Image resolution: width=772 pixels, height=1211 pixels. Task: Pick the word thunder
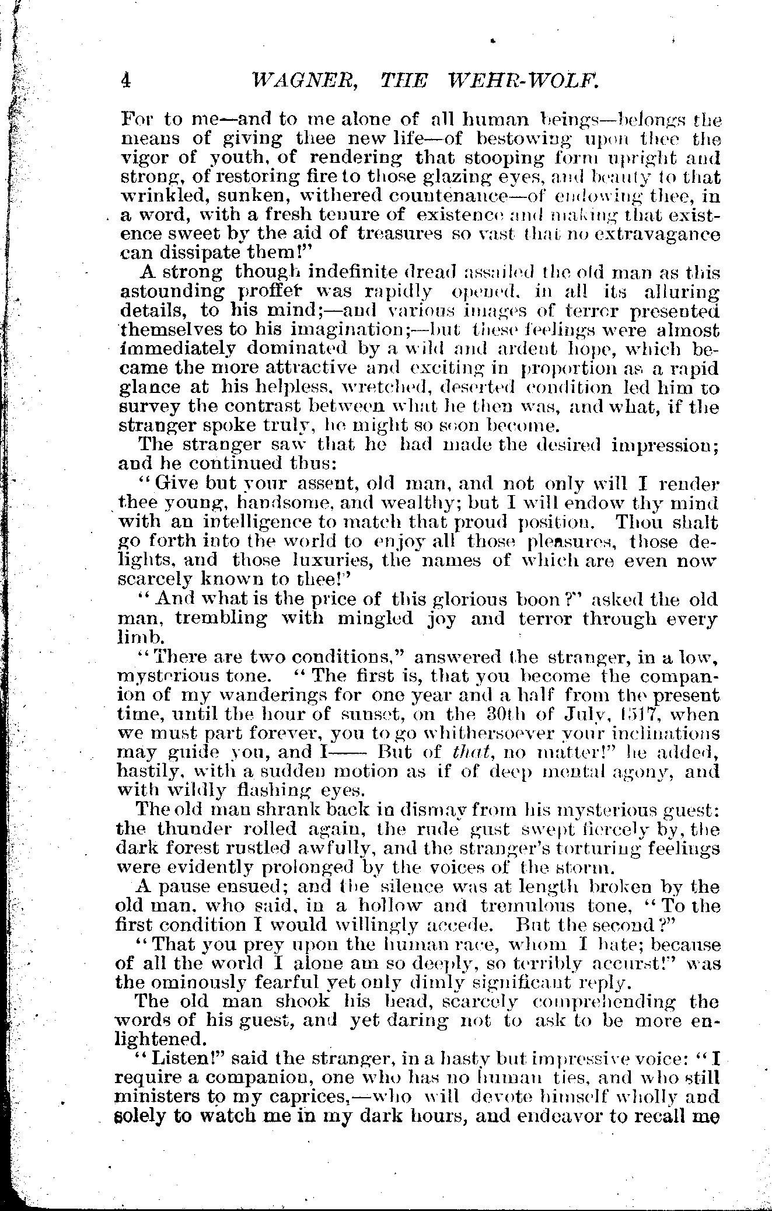point(209,830)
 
